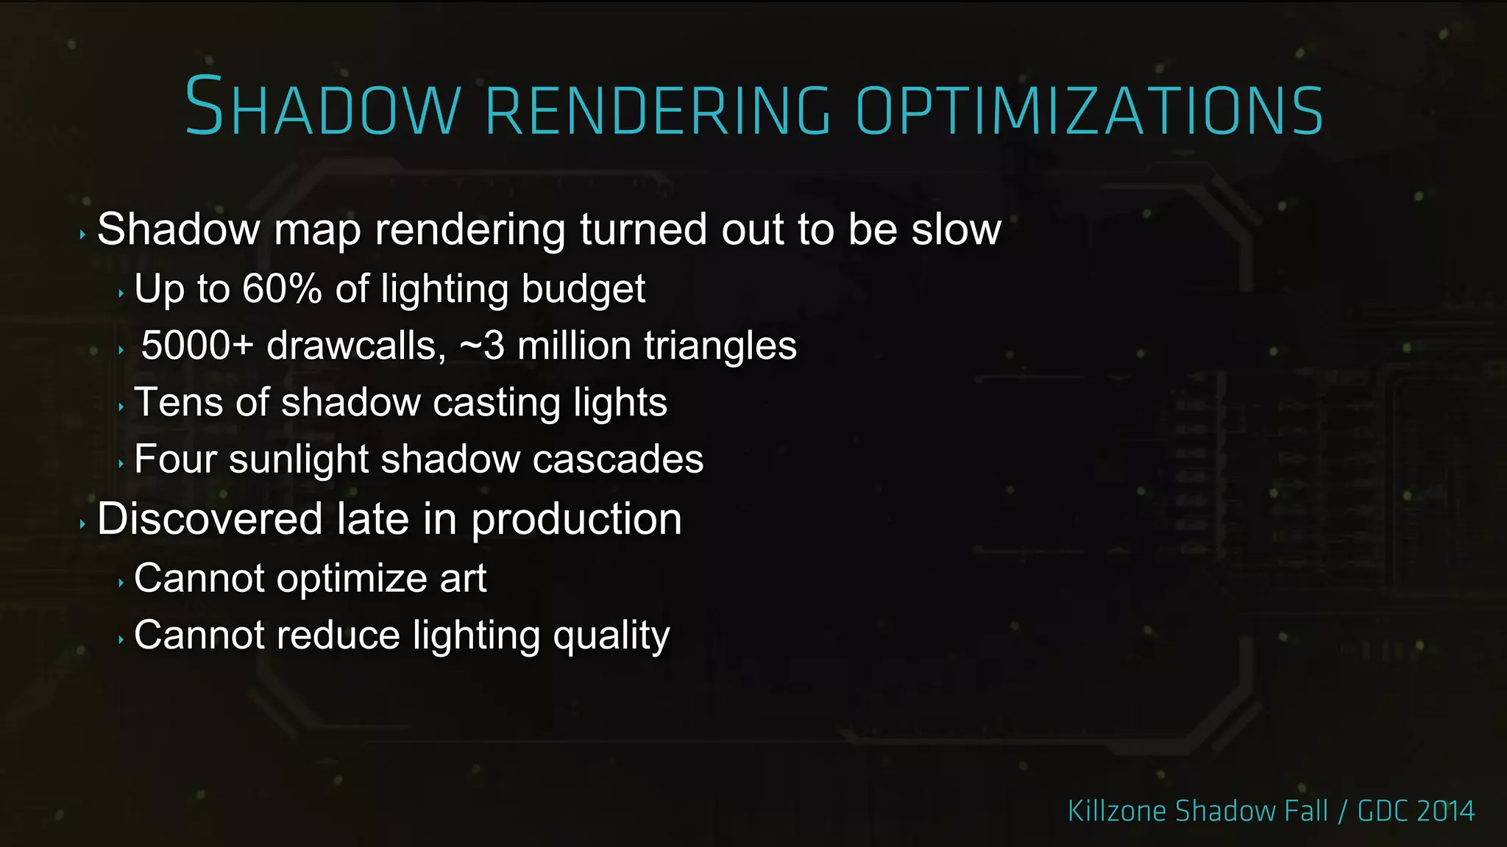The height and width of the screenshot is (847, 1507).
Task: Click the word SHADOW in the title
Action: pos(322,109)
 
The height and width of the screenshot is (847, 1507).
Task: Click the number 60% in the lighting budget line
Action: pos(282,288)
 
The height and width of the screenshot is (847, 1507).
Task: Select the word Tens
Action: pos(179,403)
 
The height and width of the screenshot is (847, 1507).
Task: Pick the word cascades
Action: pos(617,460)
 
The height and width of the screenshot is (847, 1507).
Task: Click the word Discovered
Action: pos(210,519)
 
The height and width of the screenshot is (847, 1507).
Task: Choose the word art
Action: pos(463,579)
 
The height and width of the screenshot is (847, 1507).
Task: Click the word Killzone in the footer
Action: pos(1116,811)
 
